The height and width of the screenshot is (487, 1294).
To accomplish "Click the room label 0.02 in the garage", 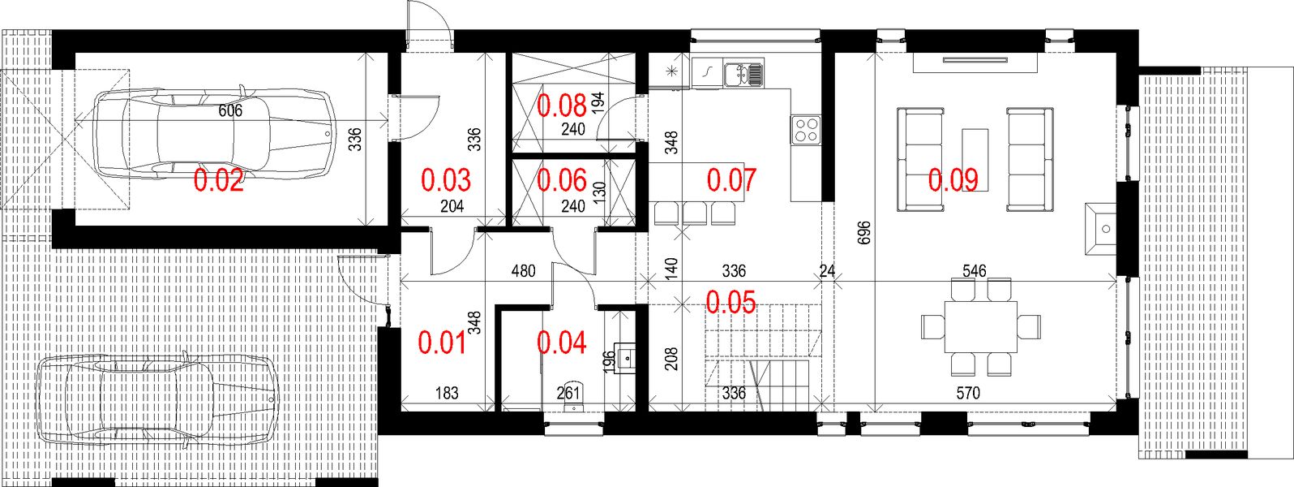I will coord(218,180).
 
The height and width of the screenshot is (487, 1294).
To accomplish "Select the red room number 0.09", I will coord(953,179).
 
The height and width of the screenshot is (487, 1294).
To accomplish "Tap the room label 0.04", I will coord(561,343).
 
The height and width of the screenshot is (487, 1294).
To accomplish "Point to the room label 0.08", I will coord(562,105).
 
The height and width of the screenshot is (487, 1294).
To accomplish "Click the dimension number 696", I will coord(863,234).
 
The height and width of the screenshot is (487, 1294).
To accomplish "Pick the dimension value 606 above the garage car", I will coord(230,111).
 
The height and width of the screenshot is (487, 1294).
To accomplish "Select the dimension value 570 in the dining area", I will coord(967,394).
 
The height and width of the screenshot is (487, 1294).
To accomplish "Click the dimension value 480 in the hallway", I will coord(523,271).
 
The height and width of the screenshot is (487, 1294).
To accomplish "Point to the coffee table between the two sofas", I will coord(975,159).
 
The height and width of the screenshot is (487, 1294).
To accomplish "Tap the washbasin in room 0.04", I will coord(625,356).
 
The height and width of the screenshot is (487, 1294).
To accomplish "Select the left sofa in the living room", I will coord(921,159).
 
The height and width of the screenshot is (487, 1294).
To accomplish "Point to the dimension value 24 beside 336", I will coord(827,271).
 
